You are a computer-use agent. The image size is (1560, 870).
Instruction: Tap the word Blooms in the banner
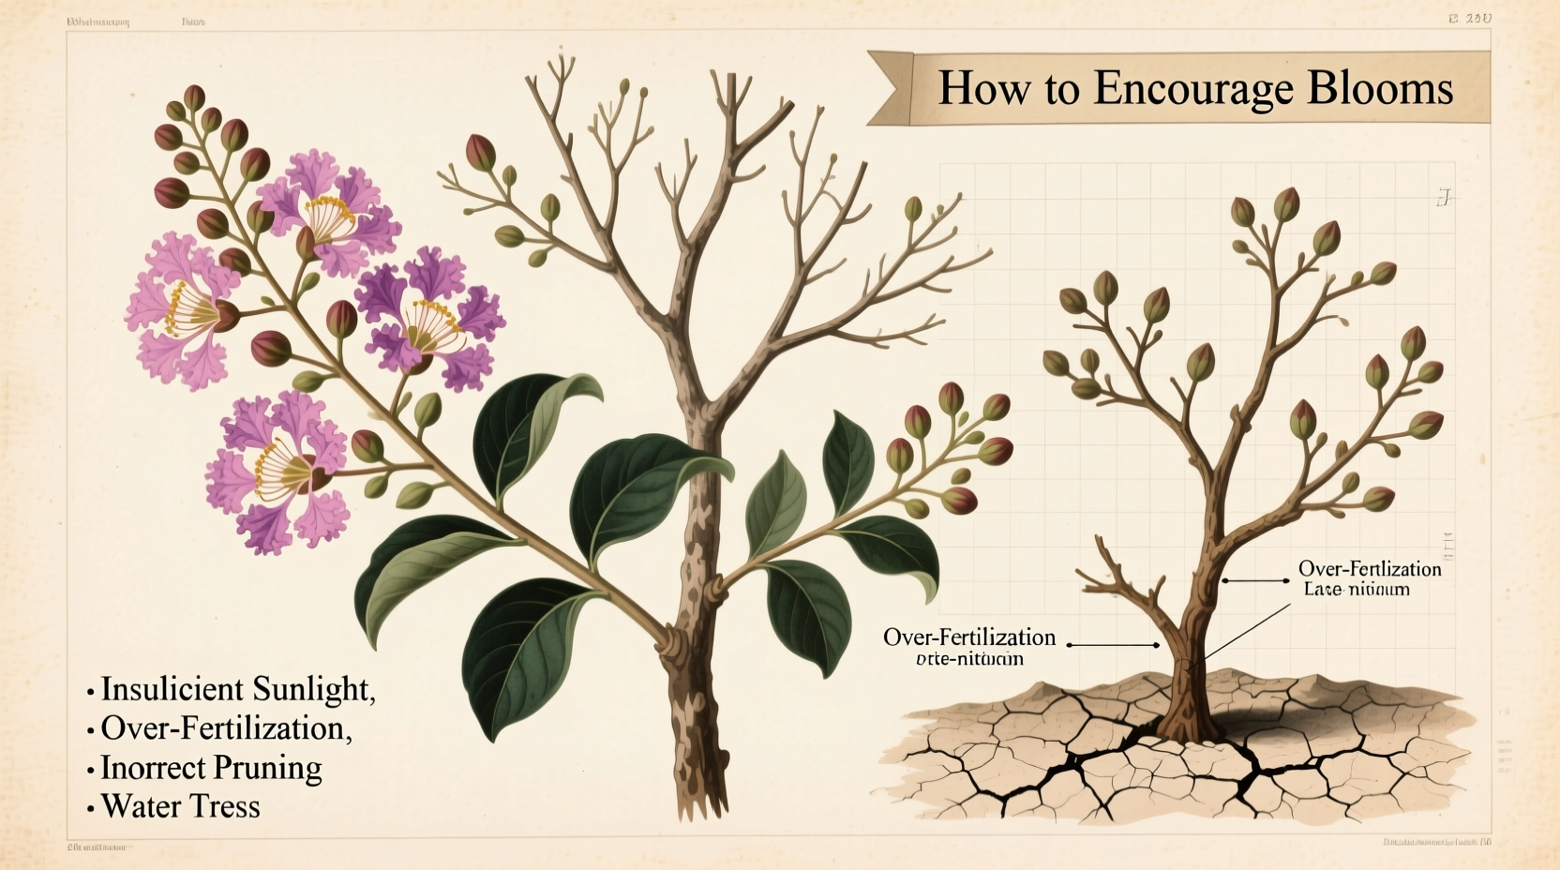1379,88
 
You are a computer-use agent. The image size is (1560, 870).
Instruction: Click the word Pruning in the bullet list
266,768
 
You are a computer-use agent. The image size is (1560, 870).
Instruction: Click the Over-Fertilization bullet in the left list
226,728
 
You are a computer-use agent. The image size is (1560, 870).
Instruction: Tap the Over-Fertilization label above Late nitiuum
1369,568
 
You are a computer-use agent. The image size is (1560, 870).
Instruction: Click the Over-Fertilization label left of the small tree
969,637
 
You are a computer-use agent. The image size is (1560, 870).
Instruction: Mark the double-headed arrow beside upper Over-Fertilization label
1256,581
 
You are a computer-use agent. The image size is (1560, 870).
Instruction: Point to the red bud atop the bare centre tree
480,152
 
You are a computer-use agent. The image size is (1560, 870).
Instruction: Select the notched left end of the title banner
887,88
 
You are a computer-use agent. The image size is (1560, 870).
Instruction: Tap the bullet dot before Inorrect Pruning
91,770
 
